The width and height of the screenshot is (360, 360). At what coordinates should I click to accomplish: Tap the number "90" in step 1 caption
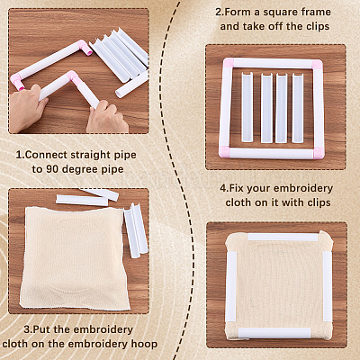click(52, 169)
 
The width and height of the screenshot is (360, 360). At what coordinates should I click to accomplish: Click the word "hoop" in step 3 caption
click(144, 344)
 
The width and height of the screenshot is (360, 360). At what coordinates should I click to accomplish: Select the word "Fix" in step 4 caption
click(237, 188)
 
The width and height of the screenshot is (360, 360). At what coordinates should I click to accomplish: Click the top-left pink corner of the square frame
click(229, 63)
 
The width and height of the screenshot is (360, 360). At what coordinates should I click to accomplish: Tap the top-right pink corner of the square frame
click(318, 65)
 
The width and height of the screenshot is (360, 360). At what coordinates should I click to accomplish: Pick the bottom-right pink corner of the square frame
click(317, 153)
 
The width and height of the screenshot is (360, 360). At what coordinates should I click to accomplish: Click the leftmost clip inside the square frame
click(247, 107)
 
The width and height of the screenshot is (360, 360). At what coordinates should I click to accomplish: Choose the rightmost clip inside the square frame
click(298, 108)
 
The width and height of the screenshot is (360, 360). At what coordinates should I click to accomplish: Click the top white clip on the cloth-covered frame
click(283, 238)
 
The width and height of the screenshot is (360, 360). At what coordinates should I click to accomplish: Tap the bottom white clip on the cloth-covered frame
click(274, 332)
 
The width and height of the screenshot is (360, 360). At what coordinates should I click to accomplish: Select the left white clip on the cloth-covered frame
click(231, 286)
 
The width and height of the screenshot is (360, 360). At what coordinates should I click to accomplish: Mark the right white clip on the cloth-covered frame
click(327, 285)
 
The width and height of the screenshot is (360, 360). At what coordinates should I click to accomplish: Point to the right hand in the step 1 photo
click(107, 118)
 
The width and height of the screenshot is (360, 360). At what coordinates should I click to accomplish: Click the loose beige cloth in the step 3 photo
click(74, 258)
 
